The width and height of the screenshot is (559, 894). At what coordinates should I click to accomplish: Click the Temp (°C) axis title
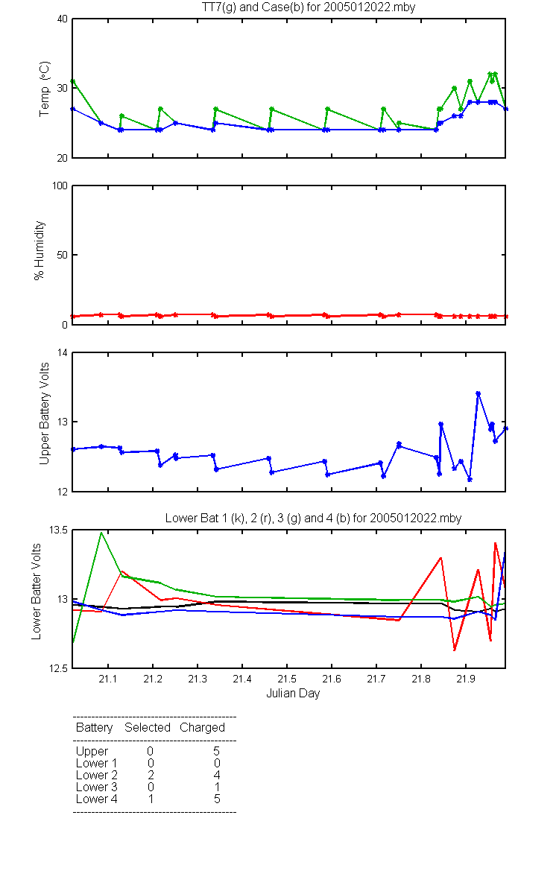click(x=44, y=89)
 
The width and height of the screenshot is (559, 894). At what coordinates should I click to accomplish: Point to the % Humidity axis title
click(x=39, y=250)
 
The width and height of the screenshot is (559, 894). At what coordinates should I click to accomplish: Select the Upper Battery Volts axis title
click(x=44, y=413)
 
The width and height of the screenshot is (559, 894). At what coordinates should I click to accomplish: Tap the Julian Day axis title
click(x=293, y=694)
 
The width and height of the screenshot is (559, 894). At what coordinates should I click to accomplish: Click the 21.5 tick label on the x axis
click(x=287, y=679)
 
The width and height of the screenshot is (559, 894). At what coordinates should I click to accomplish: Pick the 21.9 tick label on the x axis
click(x=466, y=679)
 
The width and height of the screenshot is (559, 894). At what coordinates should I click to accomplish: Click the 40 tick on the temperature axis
click(x=63, y=19)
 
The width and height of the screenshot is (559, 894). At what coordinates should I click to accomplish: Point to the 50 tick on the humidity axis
click(x=63, y=255)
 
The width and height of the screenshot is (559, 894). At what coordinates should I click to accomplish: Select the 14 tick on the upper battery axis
click(x=63, y=352)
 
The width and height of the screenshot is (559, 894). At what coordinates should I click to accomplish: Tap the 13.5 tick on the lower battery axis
click(x=58, y=530)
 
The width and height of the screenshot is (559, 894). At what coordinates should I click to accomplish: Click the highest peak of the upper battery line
click(x=478, y=394)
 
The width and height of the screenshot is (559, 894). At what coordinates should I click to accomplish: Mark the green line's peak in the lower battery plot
click(x=101, y=533)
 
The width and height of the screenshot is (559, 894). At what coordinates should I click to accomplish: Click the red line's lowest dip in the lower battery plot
click(x=455, y=650)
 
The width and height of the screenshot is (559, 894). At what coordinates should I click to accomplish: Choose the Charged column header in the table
click(x=202, y=728)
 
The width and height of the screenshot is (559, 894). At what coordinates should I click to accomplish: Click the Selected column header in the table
click(x=148, y=727)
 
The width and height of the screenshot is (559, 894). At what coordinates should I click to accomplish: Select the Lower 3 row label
click(x=97, y=787)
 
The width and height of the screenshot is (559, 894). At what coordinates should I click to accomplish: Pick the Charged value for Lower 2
click(x=217, y=775)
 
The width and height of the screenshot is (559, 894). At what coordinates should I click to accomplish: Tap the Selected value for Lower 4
click(x=151, y=799)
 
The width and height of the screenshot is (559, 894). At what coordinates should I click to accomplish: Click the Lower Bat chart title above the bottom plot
click(x=314, y=518)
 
